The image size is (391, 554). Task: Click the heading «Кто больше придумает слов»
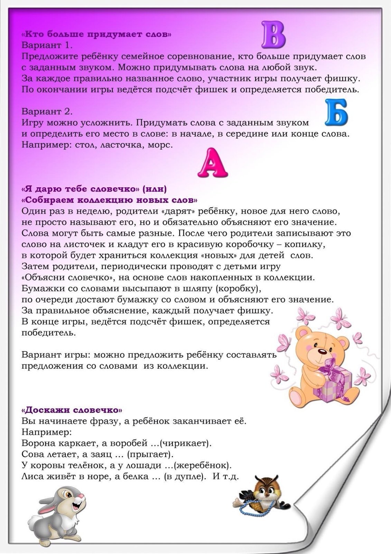pyautogui.click(x=96, y=35)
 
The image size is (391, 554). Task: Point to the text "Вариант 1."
pyautogui.click(x=47, y=45)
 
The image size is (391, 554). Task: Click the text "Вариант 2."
pyautogui.click(x=47, y=111)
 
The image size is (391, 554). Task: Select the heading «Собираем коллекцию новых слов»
pyautogui.click(x=110, y=200)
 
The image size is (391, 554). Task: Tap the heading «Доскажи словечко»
pyautogui.click(x=72, y=410)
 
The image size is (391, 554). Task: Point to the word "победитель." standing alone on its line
pyautogui.click(x=49, y=333)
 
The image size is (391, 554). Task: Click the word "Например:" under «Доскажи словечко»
pyautogui.click(x=47, y=432)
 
